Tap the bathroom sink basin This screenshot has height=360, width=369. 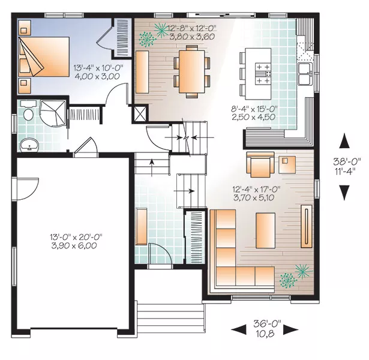pos(29,145)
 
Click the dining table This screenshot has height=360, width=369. pos(192,71)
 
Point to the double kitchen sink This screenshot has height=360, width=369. pos(305,74)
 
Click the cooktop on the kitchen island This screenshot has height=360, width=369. pos(263,74)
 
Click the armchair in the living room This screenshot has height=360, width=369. pos(260,164)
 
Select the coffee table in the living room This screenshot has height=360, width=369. pos(265,230)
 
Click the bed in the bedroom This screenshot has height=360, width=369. pos(43,56)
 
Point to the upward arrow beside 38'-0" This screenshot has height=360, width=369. pos(344,141)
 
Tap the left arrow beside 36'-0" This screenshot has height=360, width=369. pos(239,329)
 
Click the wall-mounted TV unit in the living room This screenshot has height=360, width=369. pos(307,226)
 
